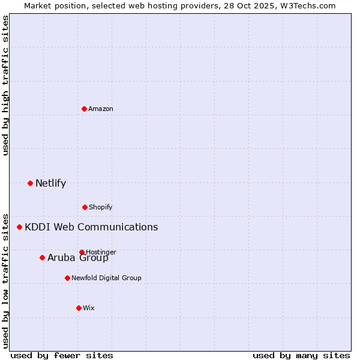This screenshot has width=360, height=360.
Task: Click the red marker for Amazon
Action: click(x=84, y=109)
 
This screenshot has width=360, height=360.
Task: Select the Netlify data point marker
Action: click(x=30, y=183)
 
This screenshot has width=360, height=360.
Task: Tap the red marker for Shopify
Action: click(x=85, y=207)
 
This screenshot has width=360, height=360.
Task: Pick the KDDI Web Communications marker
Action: click(x=19, y=227)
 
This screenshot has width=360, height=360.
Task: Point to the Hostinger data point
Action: click(x=82, y=252)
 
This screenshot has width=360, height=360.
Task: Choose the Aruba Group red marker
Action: click(x=42, y=257)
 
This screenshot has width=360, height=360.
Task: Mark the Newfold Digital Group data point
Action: click(x=67, y=278)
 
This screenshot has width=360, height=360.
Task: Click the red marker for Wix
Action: click(x=79, y=308)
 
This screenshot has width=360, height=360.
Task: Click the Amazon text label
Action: click(x=101, y=109)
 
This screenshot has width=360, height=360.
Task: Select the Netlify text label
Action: click(x=50, y=184)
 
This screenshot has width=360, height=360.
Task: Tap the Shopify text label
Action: click(x=101, y=207)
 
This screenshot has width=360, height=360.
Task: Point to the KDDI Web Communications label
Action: click(x=91, y=227)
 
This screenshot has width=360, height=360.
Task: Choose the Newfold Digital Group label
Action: click(x=106, y=278)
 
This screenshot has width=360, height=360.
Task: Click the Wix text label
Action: click(x=89, y=308)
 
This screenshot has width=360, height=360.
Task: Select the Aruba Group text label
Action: click(x=78, y=258)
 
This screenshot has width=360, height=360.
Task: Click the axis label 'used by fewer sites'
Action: click(x=61, y=355)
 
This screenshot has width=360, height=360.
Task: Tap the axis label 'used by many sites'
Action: click(x=301, y=355)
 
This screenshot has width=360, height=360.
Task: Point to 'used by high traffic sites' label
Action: click(x=6, y=85)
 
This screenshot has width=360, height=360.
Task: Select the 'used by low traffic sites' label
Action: click(x=6, y=281)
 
